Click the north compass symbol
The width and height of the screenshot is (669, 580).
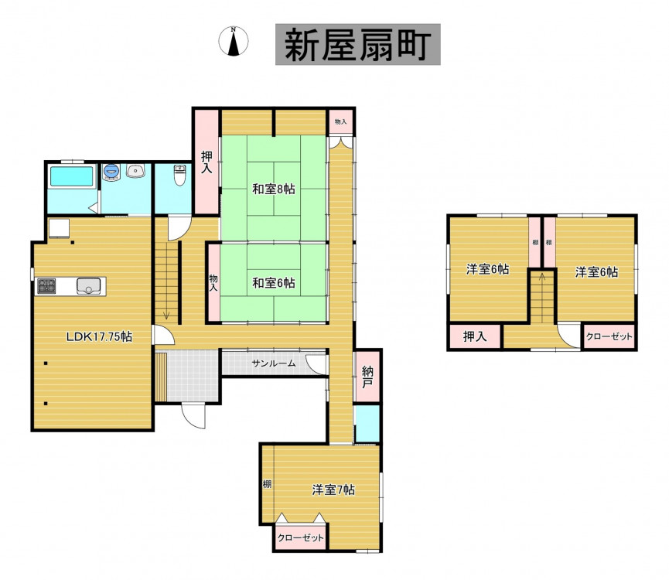pyautogui.click(x=234, y=41)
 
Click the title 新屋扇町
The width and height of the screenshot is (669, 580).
pyautogui.click(x=357, y=44)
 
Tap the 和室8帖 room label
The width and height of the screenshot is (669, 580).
pyautogui.click(x=274, y=189)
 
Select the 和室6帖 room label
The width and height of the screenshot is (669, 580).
pyautogui.click(x=274, y=283)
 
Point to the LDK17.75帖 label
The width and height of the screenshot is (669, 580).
pyautogui.click(x=99, y=337)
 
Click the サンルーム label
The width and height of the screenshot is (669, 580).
pyautogui.click(x=274, y=363)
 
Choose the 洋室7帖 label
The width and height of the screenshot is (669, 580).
pyautogui.click(x=333, y=490)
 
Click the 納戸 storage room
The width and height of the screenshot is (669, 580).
pyautogui.click(x=367, y=376)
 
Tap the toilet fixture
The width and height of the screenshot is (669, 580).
pyautogui.click(x=180, y=176)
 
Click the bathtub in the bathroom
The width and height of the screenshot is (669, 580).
pyautogui.click(x=72, y=176)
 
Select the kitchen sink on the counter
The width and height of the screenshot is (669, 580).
pyautogui.click(x=89, y=285)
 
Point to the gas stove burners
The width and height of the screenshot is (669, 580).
pyautogui.click(x=46, y=285)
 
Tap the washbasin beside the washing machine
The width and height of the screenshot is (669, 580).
pyautogui.click(x=135, y=171)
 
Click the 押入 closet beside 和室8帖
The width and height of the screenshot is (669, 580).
pyautogui.click(x=207, y=162)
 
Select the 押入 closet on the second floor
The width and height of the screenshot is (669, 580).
pyautogui.click(x=475, y=337)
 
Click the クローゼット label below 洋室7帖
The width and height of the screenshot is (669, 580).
pyautogui.click(x=300, y=537)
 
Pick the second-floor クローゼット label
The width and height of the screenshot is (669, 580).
pyautogui.click(x=609, y=336)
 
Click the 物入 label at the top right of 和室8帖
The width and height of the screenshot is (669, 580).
pyautogui.click(x=340, y=122)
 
